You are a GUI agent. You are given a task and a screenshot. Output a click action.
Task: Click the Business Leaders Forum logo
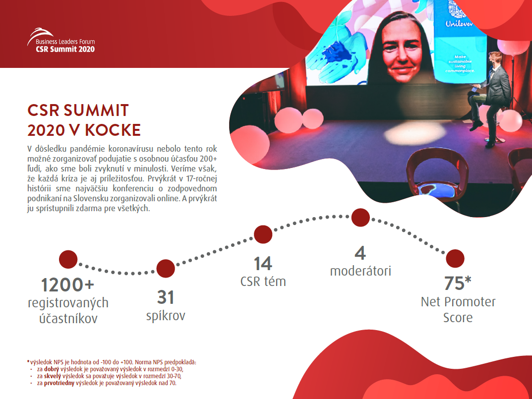pyautogui.click(x=61, y=40)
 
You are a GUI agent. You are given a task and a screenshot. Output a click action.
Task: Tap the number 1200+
pyautogui.click(x=67, y=285)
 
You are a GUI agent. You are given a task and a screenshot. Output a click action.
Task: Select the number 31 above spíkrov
pyautogui.click(x=166, y=297)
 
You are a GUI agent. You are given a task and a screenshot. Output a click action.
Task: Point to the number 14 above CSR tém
pyautogui.click(x=263, y=264)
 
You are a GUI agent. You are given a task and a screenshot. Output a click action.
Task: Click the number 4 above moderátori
pyautogui.click(x=360, y=253)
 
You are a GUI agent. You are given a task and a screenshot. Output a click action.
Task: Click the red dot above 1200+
pyautogui.click(x=68, y=260)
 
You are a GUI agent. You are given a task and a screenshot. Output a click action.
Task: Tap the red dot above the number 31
pyautogui.click(x=166, y=269)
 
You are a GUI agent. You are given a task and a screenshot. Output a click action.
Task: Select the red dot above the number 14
pyautogui.click(x=263, y=234)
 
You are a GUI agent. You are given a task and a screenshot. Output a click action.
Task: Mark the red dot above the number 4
pyautogui.click(x=360, y=218)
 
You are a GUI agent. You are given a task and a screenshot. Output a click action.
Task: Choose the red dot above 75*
pyautogui.click(x=455, y=259)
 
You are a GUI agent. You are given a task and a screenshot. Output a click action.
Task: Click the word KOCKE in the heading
pyautogui.click(x=113, y=130)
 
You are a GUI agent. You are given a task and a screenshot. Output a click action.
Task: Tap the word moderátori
pyautogui.click(x=360, y=271)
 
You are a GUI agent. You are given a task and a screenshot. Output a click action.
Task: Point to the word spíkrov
pyautogui.click(x=166, y=316)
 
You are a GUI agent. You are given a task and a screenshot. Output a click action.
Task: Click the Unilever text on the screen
pyautogui.click(x=459, y=24)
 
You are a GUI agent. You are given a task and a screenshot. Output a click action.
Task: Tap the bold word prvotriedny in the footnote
pyautogui.click(x=59, y=383)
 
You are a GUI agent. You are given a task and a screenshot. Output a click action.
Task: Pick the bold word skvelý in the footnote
pyautogui.click(x=53, y=376)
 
